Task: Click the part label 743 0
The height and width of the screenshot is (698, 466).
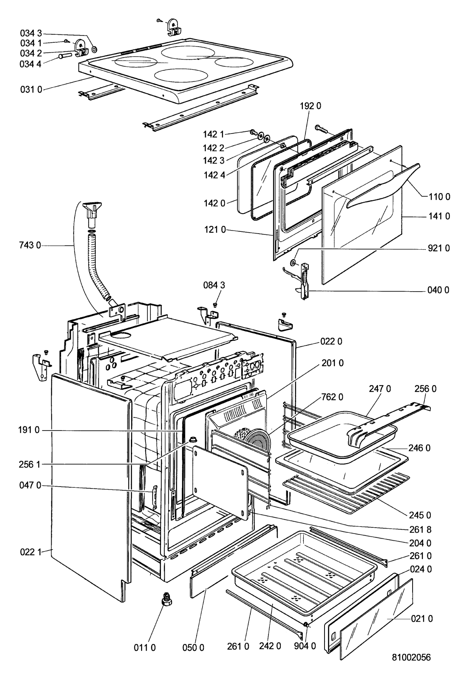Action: click(30, 245)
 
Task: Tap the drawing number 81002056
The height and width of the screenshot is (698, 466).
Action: click(411, 657)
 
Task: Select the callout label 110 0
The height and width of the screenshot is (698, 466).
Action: click(439, 197)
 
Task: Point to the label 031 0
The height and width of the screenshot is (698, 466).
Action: click(31, 90)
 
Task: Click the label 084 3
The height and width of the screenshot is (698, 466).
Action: click(214, 285)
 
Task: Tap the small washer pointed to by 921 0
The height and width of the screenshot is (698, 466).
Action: click(293, 263)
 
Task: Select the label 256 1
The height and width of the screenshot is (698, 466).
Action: click(30, 464)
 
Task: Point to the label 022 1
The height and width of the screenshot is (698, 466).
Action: click(31, 553)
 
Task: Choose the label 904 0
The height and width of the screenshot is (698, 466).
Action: click(305, 646)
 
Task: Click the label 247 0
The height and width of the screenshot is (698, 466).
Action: click(380, 389)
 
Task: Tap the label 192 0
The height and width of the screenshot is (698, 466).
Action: click(310, 106)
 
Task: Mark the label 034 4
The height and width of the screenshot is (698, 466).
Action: click(31, 64)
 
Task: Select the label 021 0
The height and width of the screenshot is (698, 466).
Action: click(422, 619)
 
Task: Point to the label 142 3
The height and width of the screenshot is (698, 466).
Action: click(214, 161)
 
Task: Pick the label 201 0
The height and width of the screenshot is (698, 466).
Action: click(333, 363)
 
